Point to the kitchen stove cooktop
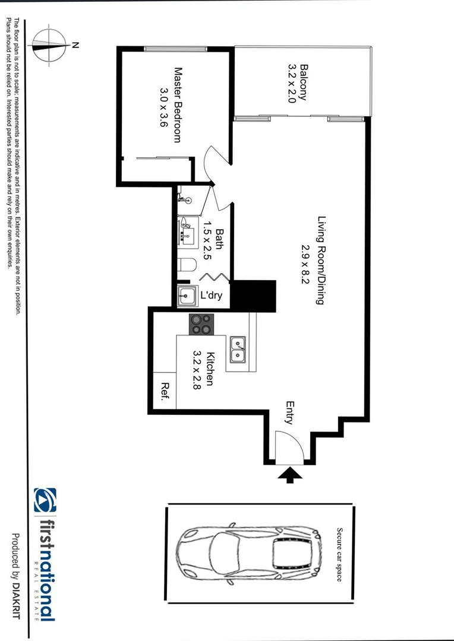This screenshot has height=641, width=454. (201, 325)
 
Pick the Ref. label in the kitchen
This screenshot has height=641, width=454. (165, 391)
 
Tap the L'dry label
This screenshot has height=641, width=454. (211, 294)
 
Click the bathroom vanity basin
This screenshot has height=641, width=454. (187, 230)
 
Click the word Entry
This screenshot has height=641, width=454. (289, 413)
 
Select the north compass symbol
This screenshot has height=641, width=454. (49, 46)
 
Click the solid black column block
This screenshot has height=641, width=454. (253, 296)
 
